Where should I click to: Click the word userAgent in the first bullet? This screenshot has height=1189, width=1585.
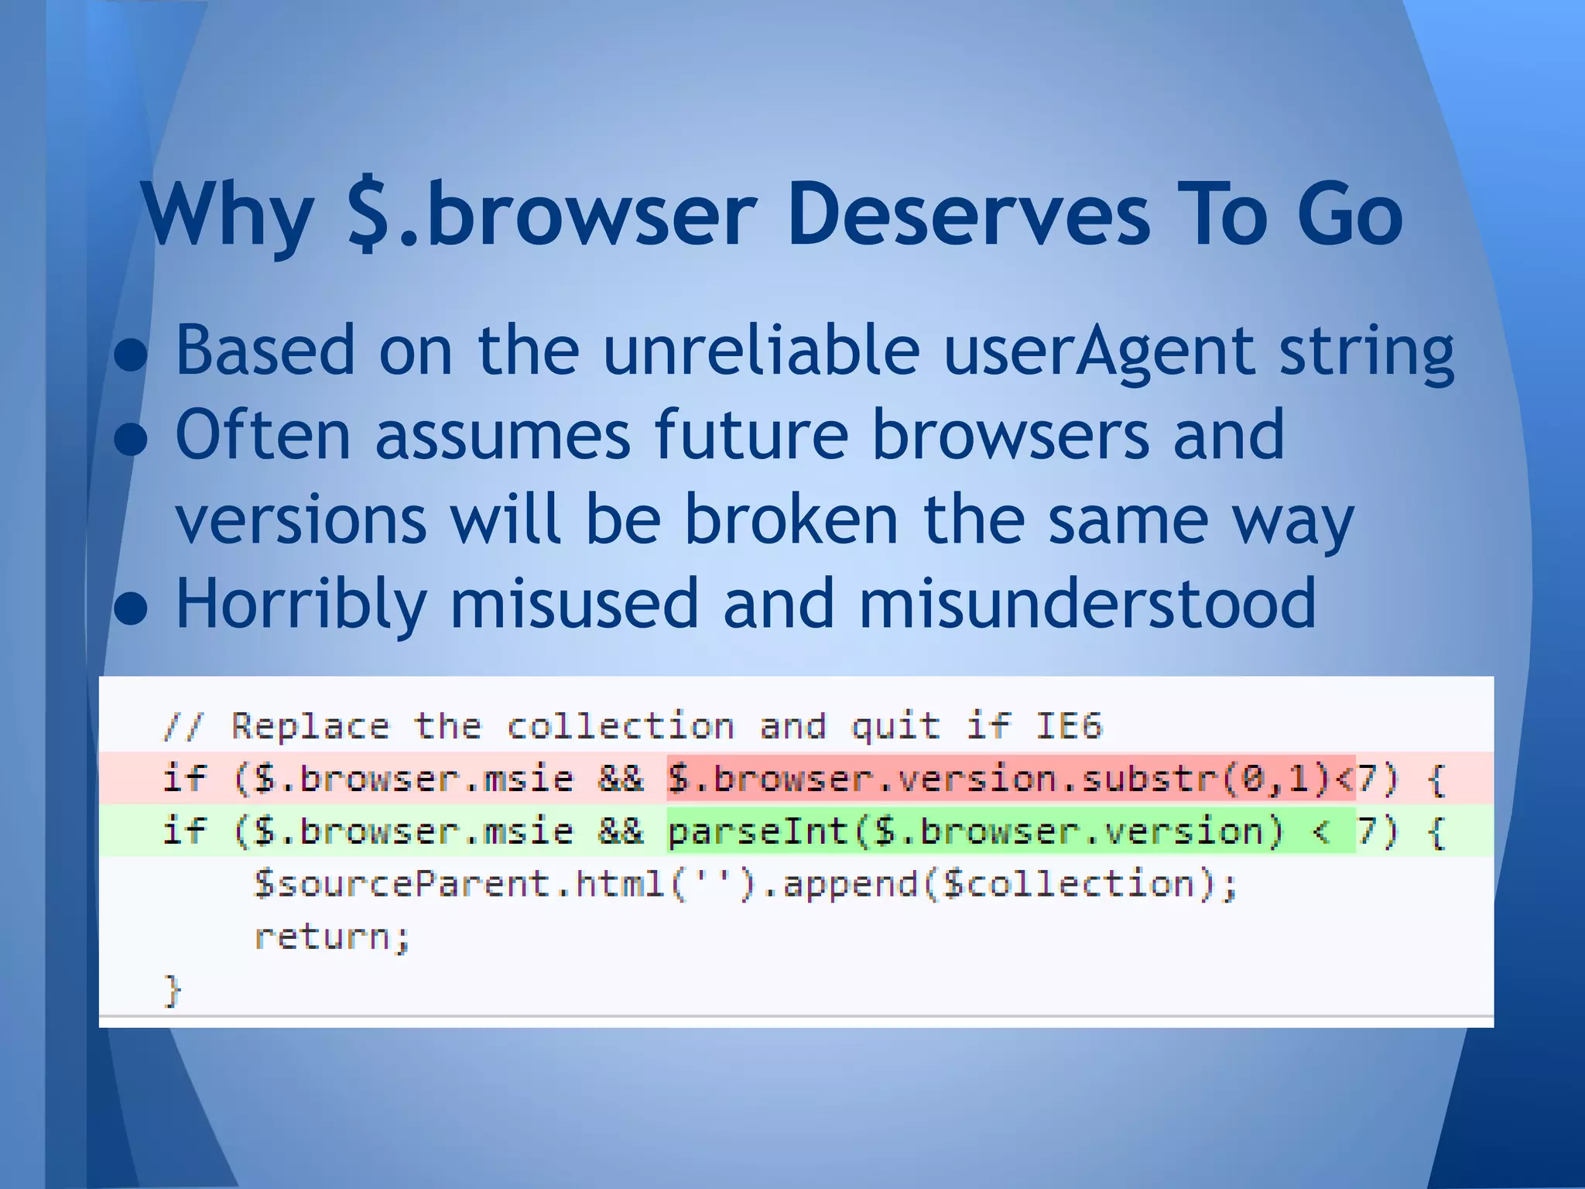1100,350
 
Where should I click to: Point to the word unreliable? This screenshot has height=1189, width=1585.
761,350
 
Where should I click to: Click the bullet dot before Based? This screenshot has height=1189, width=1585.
130,356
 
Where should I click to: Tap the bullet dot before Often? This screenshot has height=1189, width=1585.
130,440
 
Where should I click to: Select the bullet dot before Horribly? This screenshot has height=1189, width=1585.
130,608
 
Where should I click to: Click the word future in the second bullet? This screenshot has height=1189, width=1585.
751,434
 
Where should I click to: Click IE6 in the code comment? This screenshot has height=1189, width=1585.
1068,726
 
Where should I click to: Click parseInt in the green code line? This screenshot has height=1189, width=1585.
758,831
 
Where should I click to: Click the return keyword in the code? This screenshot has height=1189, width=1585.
332,937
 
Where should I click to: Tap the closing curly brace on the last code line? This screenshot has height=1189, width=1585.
172,990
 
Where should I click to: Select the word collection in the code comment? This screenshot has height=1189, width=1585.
620,726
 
